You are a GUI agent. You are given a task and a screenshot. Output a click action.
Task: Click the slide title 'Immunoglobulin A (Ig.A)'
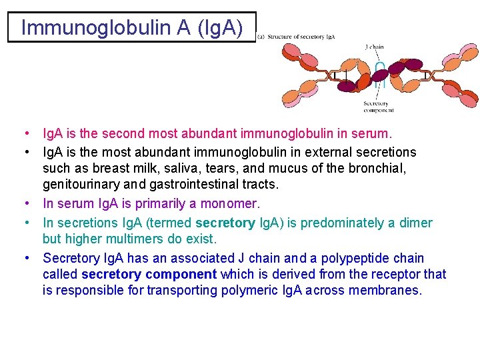pos(131,27)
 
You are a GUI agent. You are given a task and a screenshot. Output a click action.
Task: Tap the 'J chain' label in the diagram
pos(375,47)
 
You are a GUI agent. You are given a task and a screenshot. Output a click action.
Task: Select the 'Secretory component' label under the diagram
pos(377,107)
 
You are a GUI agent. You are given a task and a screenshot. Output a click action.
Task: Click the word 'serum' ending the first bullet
pos(375,134)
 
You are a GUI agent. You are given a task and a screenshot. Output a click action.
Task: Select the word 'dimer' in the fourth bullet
pos(415,223)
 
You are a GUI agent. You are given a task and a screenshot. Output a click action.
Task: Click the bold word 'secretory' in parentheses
pos(225,223)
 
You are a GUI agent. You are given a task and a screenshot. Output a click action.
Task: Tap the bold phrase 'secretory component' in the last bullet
pos(149,274)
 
